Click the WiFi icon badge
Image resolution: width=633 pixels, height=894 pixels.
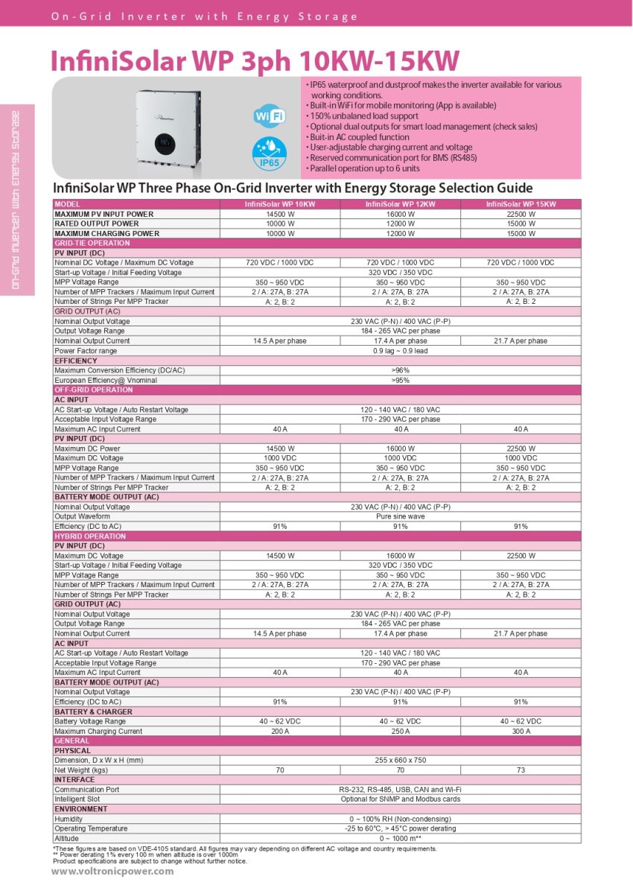coord(268,117)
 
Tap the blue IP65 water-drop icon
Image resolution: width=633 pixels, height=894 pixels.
coord(268,152)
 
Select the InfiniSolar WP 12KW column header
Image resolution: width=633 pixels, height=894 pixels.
coord(400,204)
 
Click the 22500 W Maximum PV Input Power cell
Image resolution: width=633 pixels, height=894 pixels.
coord(521,214)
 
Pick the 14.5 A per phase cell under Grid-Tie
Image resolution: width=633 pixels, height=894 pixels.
coord(277,340)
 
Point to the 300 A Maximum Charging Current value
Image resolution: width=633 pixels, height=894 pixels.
coord(521,731)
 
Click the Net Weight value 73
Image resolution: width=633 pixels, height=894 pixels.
coord(521,770)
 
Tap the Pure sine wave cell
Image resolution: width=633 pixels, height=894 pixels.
coord(400,516)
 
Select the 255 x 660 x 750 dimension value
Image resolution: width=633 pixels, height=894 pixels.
coord(400,760)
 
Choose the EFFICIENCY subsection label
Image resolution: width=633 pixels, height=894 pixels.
coord(75,361)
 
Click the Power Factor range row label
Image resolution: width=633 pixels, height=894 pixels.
coord(86,351)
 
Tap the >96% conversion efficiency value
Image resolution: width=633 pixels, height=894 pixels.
coord(400,370)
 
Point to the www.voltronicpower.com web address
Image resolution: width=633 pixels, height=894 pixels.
coord(112,872)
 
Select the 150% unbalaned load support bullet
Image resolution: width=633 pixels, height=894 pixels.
coord(364,116)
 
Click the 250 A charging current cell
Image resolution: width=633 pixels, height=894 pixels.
coord(400,731)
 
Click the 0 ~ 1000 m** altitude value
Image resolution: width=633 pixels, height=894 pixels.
coord(400,838)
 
